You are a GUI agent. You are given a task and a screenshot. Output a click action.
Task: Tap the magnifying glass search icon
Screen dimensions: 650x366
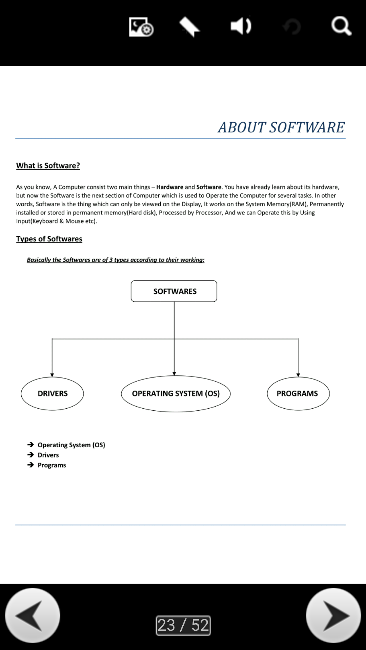pos(341,26)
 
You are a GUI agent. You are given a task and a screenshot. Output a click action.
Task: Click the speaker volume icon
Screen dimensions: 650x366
pos(241,26)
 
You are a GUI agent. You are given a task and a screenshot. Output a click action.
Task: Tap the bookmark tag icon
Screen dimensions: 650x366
pos(189,27)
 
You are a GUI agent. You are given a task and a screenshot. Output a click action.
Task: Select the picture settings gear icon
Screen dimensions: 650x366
pos(141,27)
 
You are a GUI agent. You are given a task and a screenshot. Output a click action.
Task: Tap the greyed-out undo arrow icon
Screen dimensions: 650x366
pos(292,27)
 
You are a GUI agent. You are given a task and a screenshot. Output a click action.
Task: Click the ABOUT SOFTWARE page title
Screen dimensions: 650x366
pos(281,127)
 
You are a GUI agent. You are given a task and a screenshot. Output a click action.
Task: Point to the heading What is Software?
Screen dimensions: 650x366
pos(48,166)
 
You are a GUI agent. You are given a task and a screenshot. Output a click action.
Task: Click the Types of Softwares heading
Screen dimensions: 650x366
pos(49,239)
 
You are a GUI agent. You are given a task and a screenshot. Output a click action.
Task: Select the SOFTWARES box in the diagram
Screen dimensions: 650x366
pos(174,291)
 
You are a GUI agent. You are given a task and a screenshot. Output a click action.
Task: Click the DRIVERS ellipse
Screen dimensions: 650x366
pos(52,393)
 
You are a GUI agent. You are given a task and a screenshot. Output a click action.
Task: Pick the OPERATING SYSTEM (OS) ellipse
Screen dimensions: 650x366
pos(176,393)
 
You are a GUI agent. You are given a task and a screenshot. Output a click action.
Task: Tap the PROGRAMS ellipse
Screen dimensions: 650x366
pos(298,393)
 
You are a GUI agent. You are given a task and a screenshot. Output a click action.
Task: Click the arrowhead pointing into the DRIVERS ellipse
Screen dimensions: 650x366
pos(52,375)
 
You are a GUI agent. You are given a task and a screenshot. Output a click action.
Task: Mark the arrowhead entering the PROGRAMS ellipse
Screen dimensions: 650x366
pos(298,375)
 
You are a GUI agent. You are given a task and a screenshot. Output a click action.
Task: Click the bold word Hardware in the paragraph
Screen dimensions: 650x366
pos(169,187)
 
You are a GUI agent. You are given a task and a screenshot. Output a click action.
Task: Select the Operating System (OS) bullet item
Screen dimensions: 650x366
pos(71,445)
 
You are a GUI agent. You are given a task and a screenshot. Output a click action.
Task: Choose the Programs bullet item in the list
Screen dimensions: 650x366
pos(52,465)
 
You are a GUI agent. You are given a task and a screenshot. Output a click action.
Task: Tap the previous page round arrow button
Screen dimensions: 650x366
pos(33,615)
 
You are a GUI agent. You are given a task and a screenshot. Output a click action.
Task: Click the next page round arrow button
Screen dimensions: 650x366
pos(333,615)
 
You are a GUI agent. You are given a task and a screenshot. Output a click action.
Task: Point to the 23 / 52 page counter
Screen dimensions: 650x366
pos(183,625)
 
